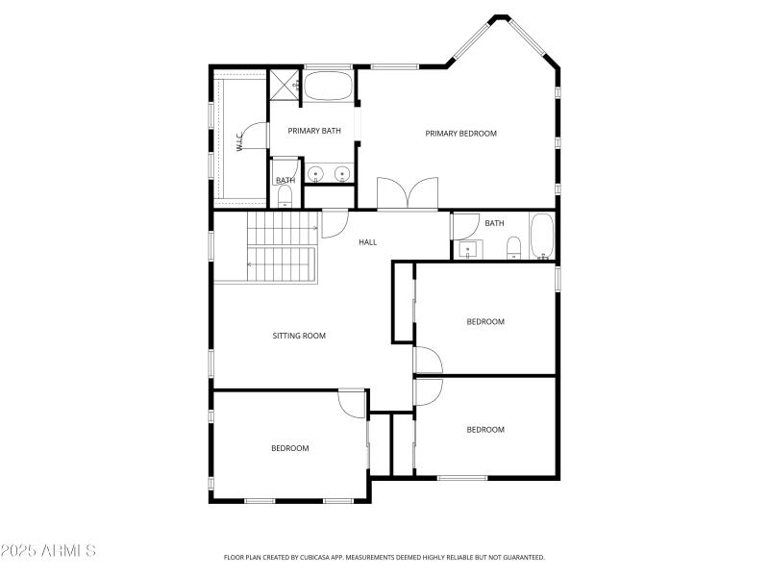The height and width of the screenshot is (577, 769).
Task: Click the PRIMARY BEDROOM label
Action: pos(461,134)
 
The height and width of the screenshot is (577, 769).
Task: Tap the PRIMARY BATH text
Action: pos(314,131)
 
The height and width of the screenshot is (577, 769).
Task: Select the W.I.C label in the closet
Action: pos(239,142)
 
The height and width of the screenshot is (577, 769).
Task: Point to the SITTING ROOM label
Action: pos(299,336)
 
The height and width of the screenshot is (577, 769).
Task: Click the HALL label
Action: pos(367,242)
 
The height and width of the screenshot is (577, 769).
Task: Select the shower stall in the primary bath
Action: pos(285,85)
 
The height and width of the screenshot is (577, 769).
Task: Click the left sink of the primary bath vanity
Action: pos(315,174)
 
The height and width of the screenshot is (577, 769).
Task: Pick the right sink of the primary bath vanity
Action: pos(340,174)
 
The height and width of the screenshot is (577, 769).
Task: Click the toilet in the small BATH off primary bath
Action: pos(284,198)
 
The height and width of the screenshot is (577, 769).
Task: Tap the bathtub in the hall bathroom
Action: pos(542,237)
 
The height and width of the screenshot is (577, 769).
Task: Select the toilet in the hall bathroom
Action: pos(514,248)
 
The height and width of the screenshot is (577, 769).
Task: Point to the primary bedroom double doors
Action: pos(408,194)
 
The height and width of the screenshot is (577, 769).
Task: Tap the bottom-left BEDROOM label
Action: pos(289,448)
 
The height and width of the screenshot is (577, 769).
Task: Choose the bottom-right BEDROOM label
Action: pos(485,430)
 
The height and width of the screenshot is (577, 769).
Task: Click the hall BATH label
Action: pos(494,224)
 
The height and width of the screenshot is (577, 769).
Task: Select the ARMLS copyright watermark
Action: pos(48,551)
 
